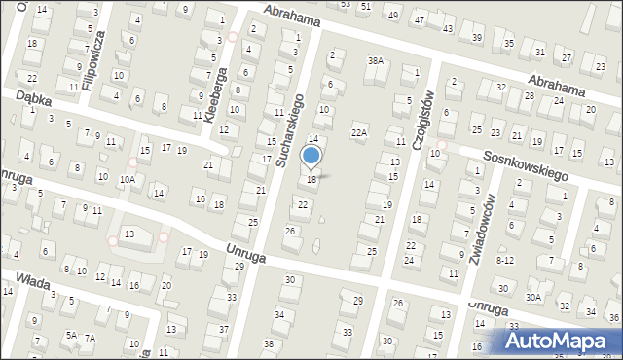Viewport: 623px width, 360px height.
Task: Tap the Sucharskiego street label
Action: point(290,129)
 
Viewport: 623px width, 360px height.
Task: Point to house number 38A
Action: point(375,60)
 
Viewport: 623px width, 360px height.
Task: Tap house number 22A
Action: point(359,131)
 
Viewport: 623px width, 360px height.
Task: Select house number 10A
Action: point(127,179)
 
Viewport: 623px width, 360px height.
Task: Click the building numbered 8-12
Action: point(504,260)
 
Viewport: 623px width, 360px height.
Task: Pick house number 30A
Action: point(532,297)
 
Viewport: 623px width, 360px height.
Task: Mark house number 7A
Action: point(90,338)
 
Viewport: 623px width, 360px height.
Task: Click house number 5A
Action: point(71,335)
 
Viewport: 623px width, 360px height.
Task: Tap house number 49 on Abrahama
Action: point(392,17)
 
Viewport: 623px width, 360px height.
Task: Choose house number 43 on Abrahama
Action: point(449,29)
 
